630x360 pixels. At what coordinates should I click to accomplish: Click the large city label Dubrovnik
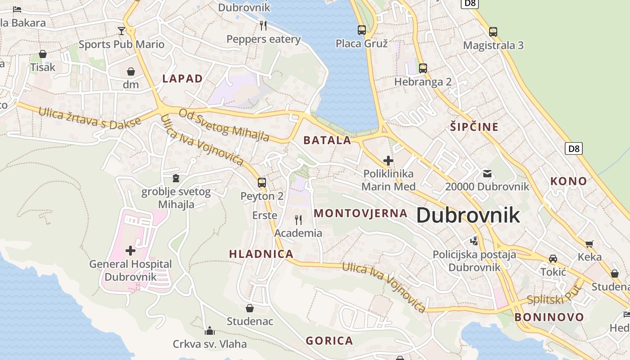[x=468, y=216]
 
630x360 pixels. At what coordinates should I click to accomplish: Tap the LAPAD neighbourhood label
[x=182, y=79]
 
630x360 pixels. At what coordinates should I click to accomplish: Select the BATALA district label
[x=327, y=140]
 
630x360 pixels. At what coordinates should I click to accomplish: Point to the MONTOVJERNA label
[x=360, y=213]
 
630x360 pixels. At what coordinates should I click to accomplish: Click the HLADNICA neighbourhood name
[x=261, y=254]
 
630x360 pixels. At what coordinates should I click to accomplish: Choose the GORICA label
[x=329, y=341]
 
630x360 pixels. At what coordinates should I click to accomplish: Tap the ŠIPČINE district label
[x=474, y=127]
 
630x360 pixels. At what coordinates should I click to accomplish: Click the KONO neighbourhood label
[x=569, y=181]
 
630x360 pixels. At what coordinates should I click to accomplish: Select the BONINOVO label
[x=549, y=317]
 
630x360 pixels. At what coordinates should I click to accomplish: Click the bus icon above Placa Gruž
[x=362, y=30]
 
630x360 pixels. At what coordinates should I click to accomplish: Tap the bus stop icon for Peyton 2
[x=262, y=183]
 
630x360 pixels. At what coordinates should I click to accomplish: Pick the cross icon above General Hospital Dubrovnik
[x=130, y=250]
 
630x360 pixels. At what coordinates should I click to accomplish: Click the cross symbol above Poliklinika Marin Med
[x=388, y=160]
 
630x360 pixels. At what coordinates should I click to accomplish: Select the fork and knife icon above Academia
[x=298, y=220]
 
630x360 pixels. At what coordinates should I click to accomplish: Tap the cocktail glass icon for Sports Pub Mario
[x=121, y=31]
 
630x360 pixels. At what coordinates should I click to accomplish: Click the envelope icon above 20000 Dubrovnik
[x=487, y=173]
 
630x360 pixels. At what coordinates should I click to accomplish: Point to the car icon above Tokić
[x=553, y=259]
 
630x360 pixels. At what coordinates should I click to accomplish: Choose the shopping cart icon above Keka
[x=589, y=244]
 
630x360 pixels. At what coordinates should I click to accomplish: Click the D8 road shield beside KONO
[x=574, y=148]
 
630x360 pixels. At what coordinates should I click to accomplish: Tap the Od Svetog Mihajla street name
[x=224, y=125]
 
